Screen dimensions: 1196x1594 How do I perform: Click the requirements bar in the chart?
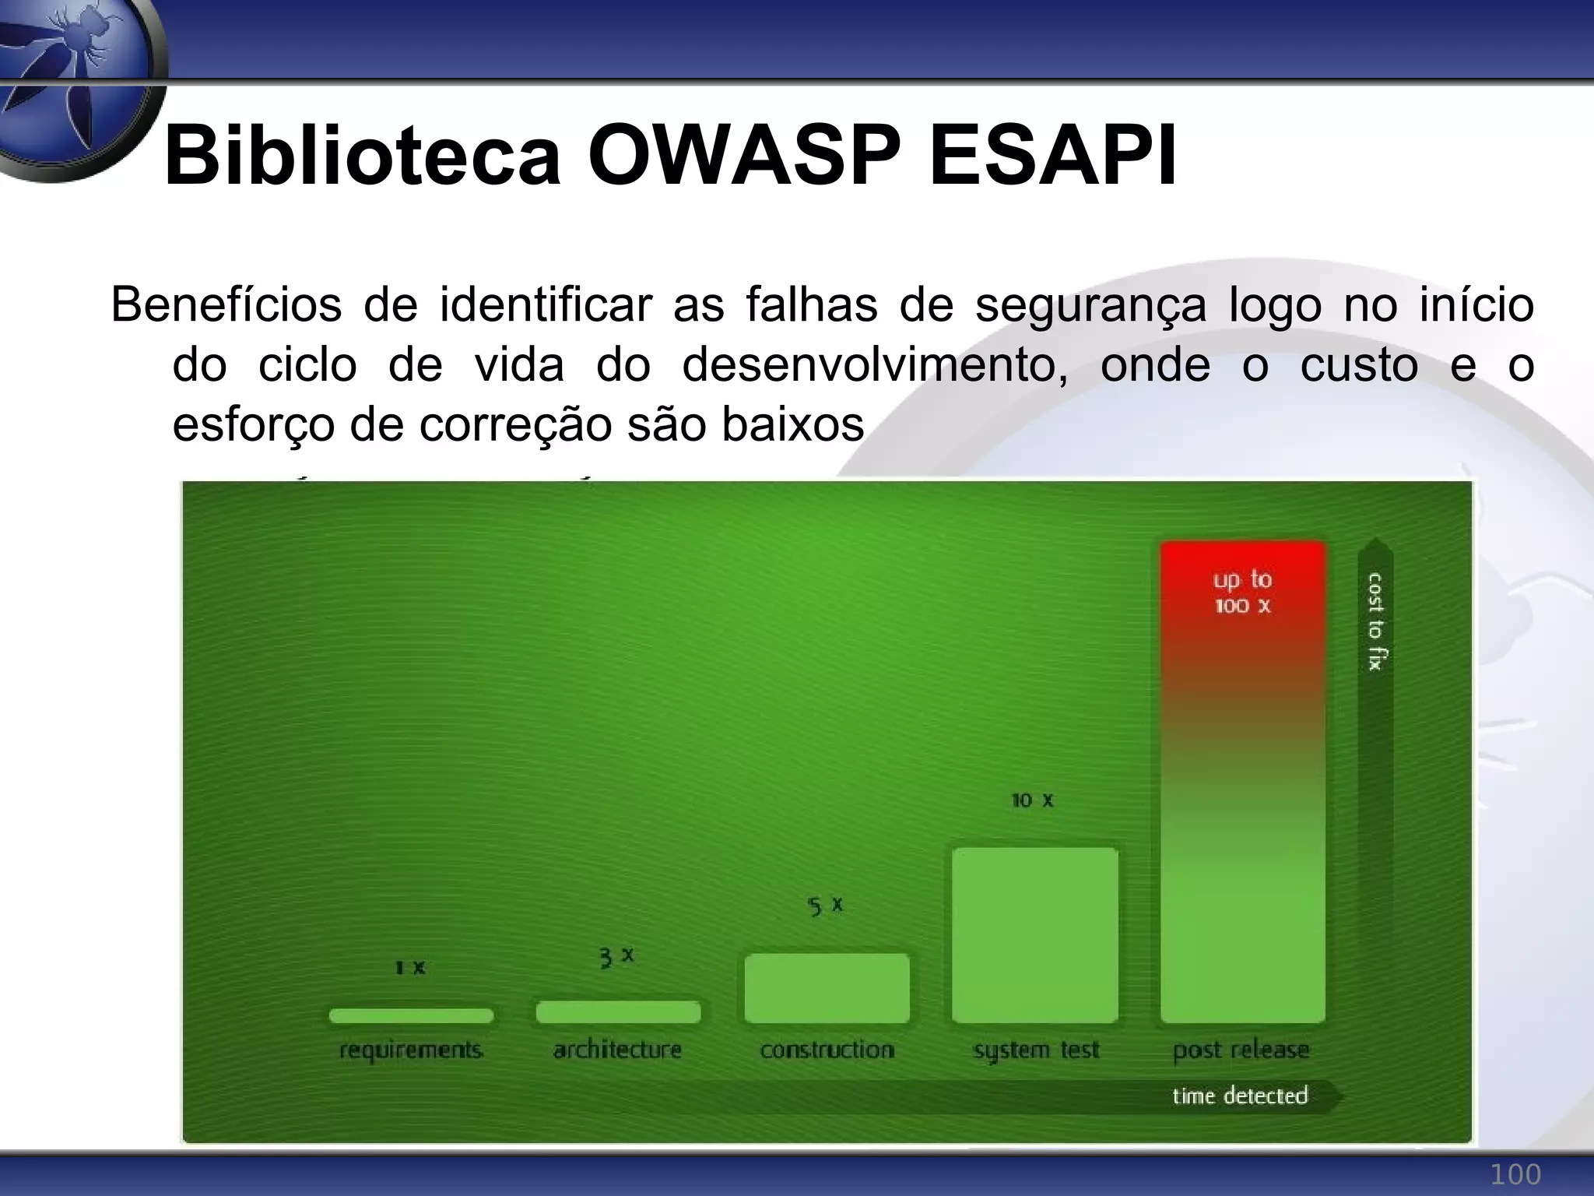pos(411,1015)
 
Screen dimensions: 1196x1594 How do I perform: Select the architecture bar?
pos(618,1011)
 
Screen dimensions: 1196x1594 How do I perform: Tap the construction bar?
pos(827,988)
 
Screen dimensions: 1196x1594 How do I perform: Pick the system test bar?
pos(1035,934)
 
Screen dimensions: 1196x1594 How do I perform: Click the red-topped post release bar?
pos(1242,782)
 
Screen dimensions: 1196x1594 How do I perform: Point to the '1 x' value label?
pos(410,968)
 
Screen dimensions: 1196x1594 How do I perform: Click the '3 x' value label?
pos(616,957)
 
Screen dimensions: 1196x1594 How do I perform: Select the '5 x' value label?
pos(825,906)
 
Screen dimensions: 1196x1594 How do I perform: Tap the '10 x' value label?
pos(1032,800)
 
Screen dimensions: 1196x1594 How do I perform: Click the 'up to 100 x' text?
pos(1242,593)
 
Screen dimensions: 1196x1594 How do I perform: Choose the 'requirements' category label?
pos(411,1050)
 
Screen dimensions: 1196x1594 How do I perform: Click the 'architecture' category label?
pos(617,1050)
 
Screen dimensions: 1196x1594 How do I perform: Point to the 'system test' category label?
pos(1036,1050)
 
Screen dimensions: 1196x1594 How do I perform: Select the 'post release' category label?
pos(1241,1050)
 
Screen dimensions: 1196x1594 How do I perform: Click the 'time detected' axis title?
pos(1240,1096)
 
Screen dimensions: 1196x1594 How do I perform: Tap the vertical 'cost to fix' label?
pos(1375,621)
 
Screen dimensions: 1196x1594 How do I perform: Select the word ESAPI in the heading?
pos(1053,156)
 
